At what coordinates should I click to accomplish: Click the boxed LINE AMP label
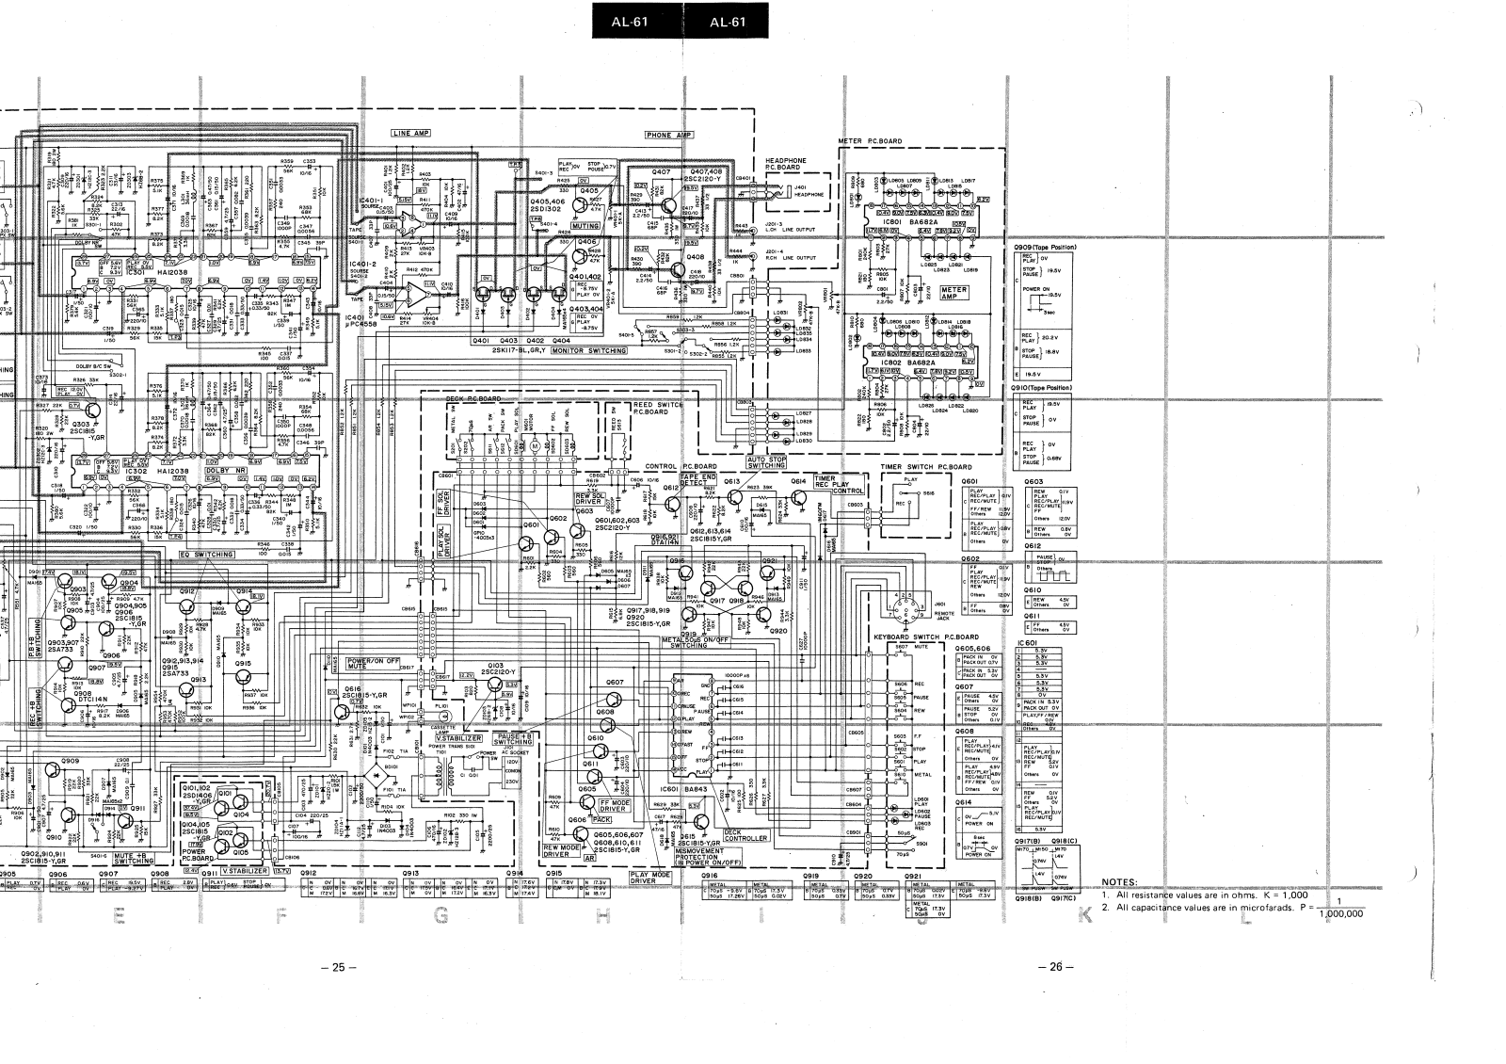[x=410, y=134]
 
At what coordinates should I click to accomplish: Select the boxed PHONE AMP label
[x=669, y=135]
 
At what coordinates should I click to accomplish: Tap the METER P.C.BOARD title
[x=869, y=141]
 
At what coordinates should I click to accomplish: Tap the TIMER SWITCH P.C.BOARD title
[x=926, y=467]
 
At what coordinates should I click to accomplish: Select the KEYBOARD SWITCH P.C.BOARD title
[x=925, y=637]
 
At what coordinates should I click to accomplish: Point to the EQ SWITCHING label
[x=206, y=555]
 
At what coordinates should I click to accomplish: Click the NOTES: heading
[x=1119, y=882]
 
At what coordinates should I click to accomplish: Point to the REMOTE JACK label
[x=945, y=614]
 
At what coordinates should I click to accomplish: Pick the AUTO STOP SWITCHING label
[x=765, y=461]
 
